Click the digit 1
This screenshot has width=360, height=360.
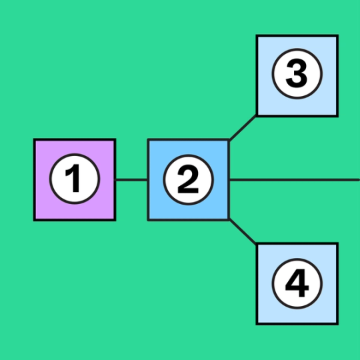point(75,179)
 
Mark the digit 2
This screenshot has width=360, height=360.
point(188,179)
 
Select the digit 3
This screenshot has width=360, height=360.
point(297,75)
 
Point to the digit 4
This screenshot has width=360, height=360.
point(297,283)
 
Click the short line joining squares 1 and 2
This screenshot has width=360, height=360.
point(131,180)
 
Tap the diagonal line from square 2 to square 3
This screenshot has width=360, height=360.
point(243,127)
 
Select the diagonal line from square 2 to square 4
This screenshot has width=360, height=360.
point(243,231)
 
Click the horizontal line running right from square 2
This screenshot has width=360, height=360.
point(293,180)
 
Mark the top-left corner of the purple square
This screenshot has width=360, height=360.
point(35,140)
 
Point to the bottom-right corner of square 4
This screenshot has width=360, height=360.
point(337,324)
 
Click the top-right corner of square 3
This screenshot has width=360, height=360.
point(337,36)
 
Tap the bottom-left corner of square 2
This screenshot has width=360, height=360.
point(148,219)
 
